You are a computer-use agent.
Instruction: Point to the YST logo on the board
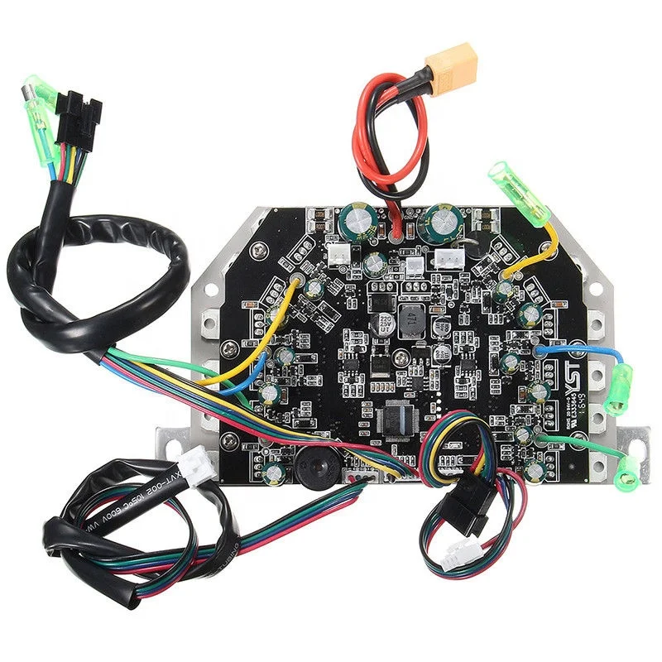click(574, 372)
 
